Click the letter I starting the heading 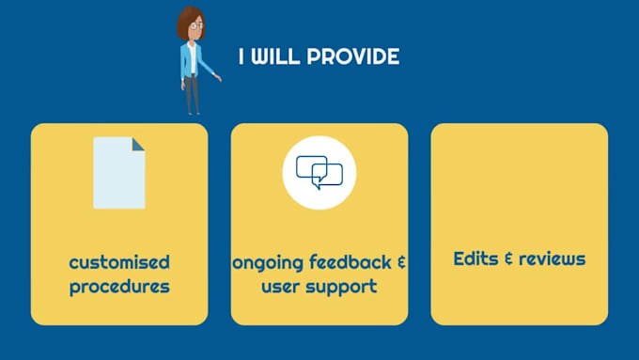pos(242,57)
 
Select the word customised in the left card pos(119,262)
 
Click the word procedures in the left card pos(119,286)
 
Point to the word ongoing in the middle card pos(268,262)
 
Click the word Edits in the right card pos(475,258)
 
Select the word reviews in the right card pos(553,258)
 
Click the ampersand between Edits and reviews pos(507,258)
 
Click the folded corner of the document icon pos(138,144)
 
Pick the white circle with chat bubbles pos(319,172)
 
